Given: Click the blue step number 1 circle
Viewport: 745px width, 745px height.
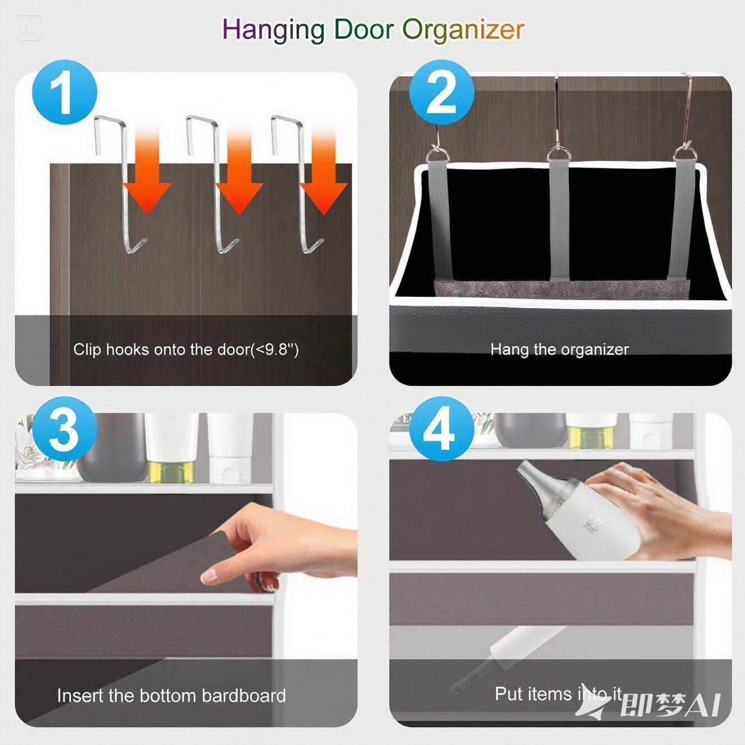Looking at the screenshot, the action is click(x=65, y=92).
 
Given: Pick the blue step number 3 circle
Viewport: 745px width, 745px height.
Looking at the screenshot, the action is click(x=65, y=429).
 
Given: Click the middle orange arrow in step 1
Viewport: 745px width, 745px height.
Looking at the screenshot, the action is click(x=240, y=172).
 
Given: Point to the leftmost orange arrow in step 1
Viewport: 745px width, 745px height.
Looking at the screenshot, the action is click(x=147, y=172).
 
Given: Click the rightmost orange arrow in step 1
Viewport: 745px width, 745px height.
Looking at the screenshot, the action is click(x=324, y=172).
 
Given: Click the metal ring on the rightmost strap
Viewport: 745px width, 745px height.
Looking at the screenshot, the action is click(x=682, y=155).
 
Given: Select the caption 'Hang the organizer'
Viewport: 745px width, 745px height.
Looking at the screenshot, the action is click(x=559, y=349).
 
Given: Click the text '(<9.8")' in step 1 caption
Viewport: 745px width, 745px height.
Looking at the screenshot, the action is click(x=275, y=349).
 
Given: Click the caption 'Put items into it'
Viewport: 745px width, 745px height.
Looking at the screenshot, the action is click(x=558, y=693).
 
